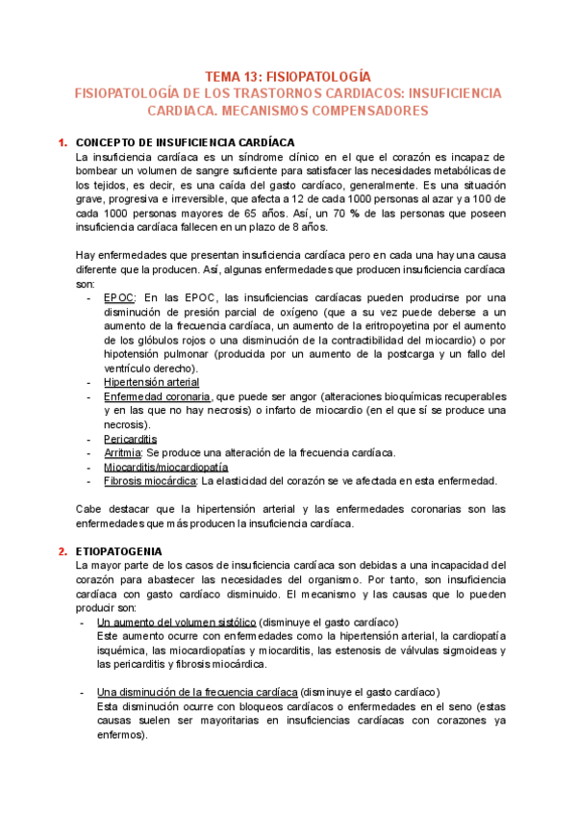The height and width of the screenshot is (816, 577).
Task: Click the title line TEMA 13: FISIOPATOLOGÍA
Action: tap(288, 75)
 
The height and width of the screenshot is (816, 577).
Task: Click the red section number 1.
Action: tap(62, 141)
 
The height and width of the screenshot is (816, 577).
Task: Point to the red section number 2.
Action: tap(62, 551)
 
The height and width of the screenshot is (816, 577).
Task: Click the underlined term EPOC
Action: tap(118, 298)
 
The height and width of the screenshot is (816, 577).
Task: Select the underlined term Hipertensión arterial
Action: tap(151, 382)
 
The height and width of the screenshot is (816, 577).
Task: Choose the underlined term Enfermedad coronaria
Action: tap(157, 396)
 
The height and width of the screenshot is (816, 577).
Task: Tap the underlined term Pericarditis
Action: tap(130, 439)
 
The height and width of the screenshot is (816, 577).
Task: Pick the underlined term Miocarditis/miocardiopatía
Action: tap(164, 467)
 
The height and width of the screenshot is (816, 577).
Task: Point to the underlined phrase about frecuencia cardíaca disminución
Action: tap(197, 692)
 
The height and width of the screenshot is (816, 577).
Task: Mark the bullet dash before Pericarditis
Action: tap(88, 439)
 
